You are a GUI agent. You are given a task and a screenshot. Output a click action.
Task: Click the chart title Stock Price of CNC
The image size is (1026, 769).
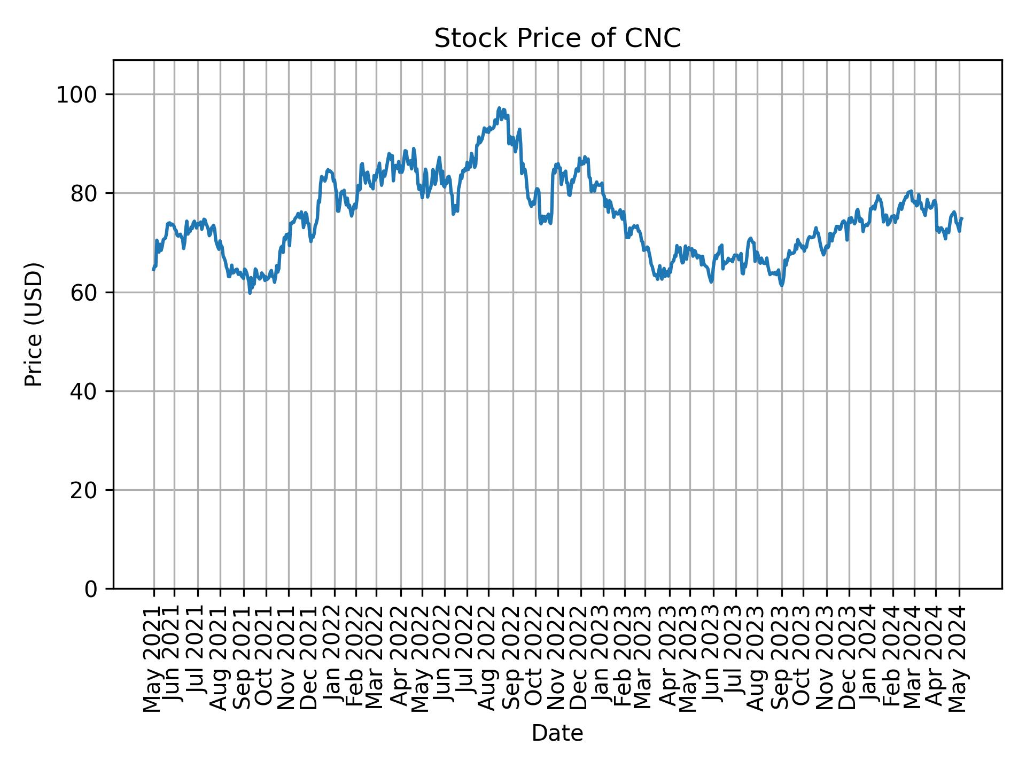point(557,38)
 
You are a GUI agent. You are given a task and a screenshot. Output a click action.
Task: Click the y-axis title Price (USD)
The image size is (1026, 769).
point(34,324)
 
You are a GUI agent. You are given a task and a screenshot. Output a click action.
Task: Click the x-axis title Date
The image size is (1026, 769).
point(557,733)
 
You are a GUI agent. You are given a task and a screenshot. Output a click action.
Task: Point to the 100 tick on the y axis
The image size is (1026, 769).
point(81,95)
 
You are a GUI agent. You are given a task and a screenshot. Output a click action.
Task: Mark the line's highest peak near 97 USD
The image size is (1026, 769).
point(499,108)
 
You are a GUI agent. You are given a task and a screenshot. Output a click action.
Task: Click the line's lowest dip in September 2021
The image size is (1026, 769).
point(250,293)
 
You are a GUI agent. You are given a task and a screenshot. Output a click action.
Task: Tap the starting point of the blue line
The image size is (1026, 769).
point(153,270)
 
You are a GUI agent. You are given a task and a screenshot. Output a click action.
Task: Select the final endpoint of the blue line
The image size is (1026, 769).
point(962,218)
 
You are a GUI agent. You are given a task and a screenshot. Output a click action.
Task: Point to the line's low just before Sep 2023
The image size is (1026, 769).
point(781,286)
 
